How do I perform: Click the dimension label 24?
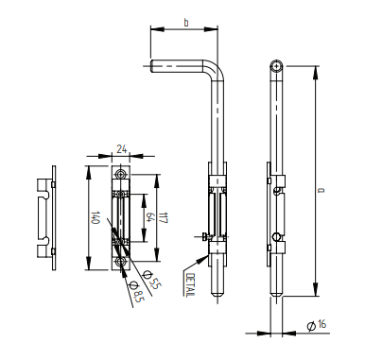(x=122, y=148)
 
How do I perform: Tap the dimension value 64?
(x=150, y=217)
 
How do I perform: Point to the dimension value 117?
(x=163, y=217)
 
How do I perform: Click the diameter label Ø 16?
(x=317, y=325)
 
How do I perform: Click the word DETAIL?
(x=191, y=284)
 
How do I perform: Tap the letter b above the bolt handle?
(x=186, y=23)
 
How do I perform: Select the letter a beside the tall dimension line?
(x=321, y=190)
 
